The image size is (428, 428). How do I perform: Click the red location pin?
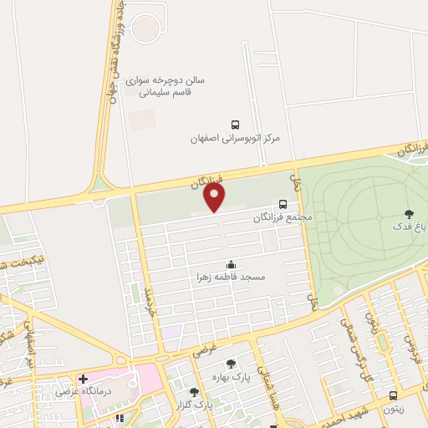[x=215, y=197]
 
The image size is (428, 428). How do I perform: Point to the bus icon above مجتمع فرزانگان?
[x=283, y=204]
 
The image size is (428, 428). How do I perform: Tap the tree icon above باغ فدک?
[x=408, y=214]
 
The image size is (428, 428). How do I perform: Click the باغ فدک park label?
[x=407, y=227]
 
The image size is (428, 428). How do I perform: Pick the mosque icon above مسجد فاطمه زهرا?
[x=231, y=263]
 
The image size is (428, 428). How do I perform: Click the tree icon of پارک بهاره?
[x=231, y=364]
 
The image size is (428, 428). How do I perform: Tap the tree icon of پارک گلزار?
[x=195, y=392]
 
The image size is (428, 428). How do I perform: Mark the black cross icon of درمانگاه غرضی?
[x=83, y=379]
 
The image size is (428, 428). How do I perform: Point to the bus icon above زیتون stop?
[x=393, y=395]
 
